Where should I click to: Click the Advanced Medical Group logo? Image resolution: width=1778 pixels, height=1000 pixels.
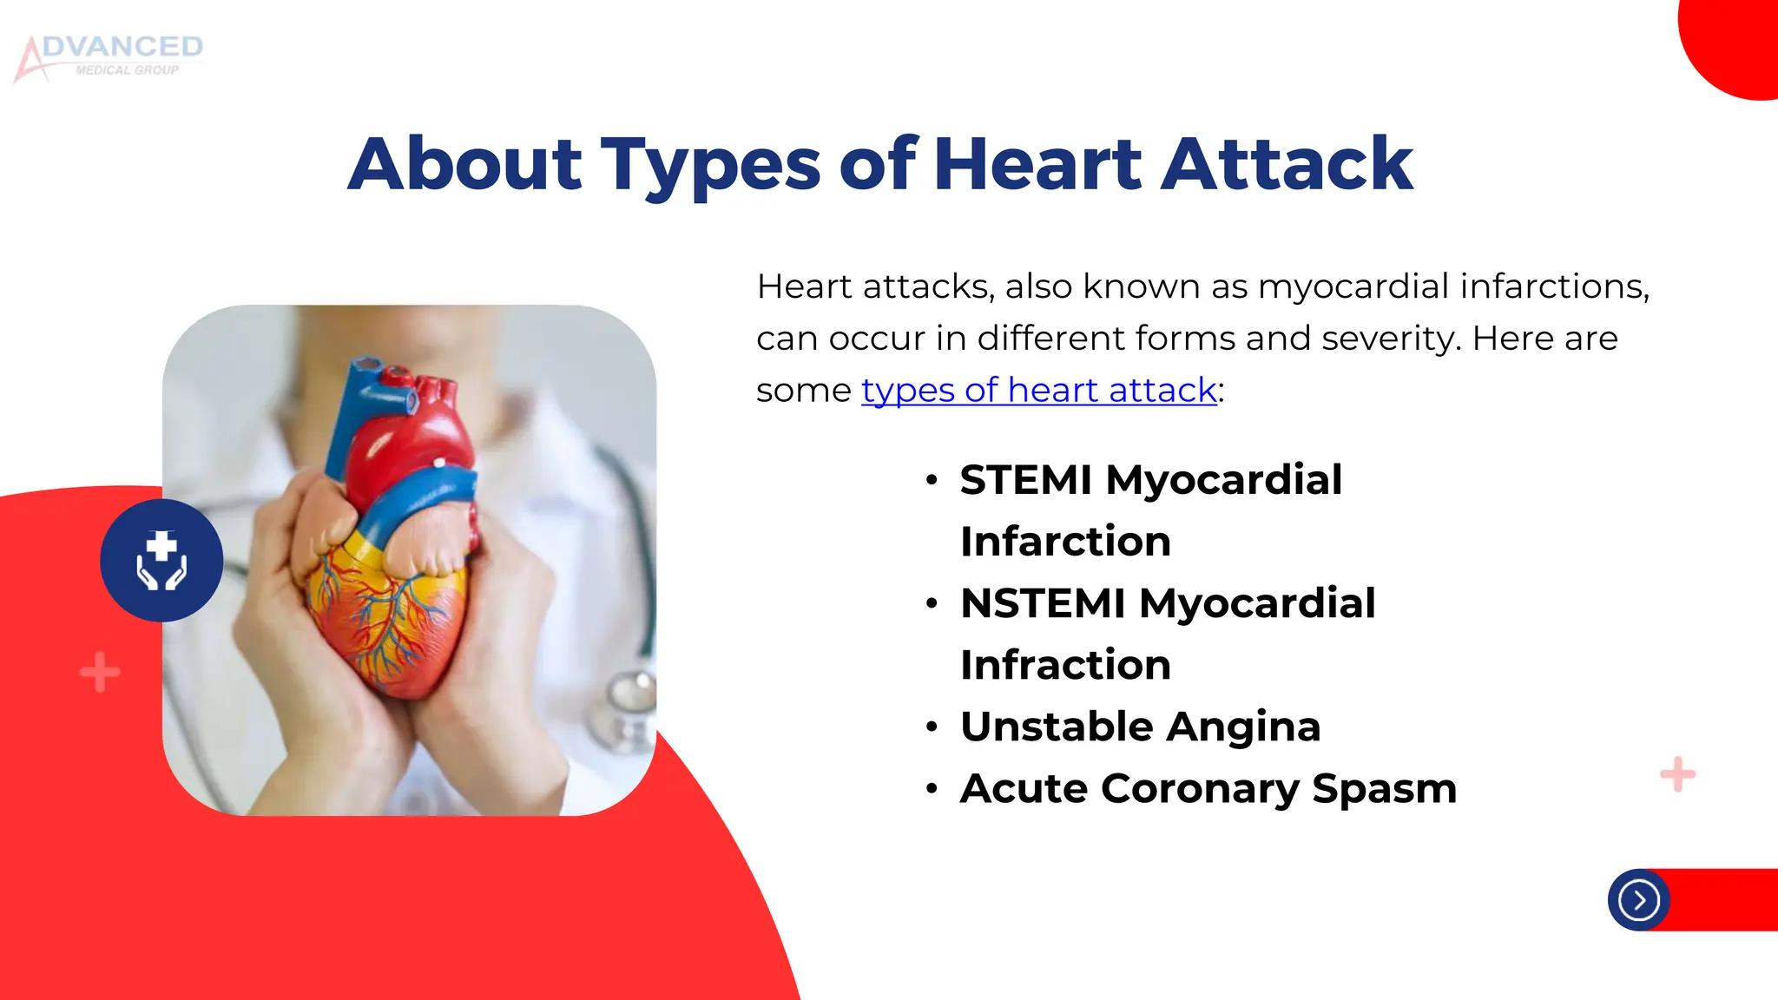pos(109,57)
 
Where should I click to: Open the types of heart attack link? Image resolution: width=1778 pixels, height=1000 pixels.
pos(1038,390)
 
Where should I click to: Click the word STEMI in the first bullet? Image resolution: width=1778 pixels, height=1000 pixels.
pos(1025,480)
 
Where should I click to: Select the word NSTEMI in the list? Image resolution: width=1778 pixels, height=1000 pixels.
pos(1043,603)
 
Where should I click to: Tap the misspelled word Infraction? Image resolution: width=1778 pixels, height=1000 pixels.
pos(1065,665)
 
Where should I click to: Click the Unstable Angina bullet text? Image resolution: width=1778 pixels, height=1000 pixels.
pos(1140,727)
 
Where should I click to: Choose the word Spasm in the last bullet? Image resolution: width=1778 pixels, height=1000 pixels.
pos(1384,788)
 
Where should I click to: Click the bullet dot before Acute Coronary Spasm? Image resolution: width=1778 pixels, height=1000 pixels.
pos(932,789)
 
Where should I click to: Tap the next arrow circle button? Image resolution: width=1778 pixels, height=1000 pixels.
pos(1638,900)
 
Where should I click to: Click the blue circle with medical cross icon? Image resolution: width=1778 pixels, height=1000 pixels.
pos(161,561)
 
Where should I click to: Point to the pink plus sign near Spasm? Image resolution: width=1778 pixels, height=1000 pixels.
pos(1677,774)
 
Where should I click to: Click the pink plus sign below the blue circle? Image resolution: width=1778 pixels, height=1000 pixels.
pos(100,672)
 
